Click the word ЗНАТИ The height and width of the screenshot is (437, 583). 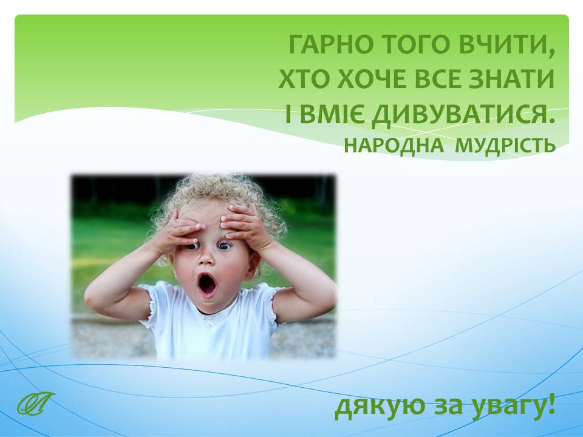511,78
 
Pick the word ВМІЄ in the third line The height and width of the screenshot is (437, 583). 332,115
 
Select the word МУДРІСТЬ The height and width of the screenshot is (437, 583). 505,146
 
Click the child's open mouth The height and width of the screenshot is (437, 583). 206,285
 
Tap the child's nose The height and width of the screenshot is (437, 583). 206,259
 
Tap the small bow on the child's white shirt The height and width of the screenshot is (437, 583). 211,324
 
